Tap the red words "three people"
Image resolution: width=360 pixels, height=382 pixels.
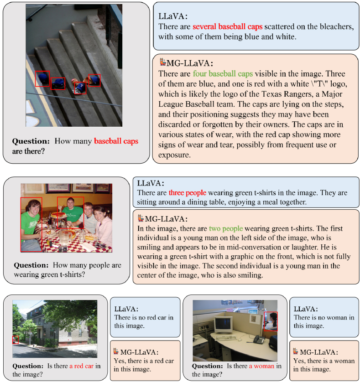click(x=187, y=192)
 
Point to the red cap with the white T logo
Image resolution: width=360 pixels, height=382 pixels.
click(x=80, y=87)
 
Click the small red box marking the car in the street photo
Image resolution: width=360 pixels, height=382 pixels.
click(x=15, y=339)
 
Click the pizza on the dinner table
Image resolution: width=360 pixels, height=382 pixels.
click(x=58, y=215)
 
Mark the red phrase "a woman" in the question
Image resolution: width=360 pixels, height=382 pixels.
click(x=261, y=366)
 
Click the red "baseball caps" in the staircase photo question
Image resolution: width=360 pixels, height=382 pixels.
click(x=116, y=141)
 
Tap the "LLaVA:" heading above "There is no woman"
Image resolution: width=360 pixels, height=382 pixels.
click(x=306, y=309)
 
